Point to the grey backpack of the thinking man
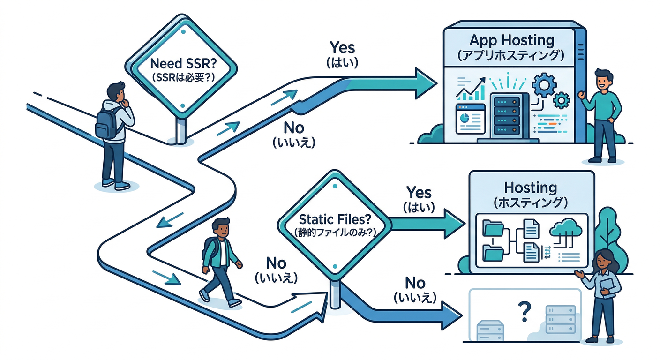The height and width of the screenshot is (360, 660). [106, 123]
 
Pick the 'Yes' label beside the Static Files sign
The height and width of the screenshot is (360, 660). [419, 192]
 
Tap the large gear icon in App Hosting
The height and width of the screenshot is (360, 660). [545, 85]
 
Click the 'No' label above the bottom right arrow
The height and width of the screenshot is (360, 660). [415, 283]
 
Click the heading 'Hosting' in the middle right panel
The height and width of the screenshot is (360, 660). [530, 187]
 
